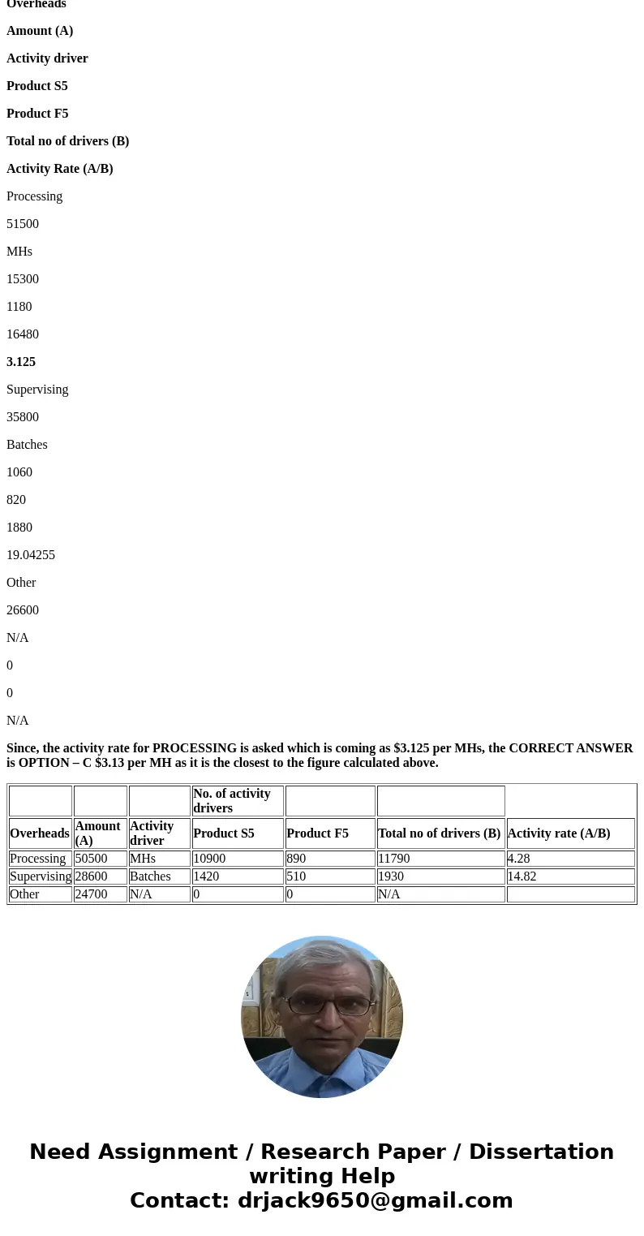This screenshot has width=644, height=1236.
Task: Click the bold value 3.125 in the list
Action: (x=21, y=362)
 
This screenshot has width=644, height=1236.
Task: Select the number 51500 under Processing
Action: (x=23, y=224)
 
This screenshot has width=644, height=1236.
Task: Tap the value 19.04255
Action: (x=31, y=555)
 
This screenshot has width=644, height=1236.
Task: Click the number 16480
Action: (x=23, y=334)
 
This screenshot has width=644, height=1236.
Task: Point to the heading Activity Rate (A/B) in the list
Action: (x=60, y=169)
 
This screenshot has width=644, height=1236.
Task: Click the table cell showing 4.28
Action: (x=519, y=859)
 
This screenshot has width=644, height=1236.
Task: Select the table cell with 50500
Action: (x=91, y=859)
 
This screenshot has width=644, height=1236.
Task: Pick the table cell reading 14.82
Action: (x=522, y=876)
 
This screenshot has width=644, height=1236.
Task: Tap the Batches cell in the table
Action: (x=150, y=876)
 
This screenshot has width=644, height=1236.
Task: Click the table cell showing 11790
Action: (x=393, y=859)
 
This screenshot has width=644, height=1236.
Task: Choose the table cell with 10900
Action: (x=209, y=859)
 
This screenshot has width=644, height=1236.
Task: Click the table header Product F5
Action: (x=317, y=833)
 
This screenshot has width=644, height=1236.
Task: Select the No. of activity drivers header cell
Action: (x=232, y=801)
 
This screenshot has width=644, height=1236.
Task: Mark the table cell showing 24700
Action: (x=91, y=894)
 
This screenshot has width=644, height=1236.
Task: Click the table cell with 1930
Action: (x=390, y=876)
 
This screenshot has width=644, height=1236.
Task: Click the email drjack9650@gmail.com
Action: (x=375, y=1201)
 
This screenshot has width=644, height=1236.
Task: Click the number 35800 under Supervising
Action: (x=23, y=417)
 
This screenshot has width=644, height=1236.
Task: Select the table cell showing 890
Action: (x=296, y=859)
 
